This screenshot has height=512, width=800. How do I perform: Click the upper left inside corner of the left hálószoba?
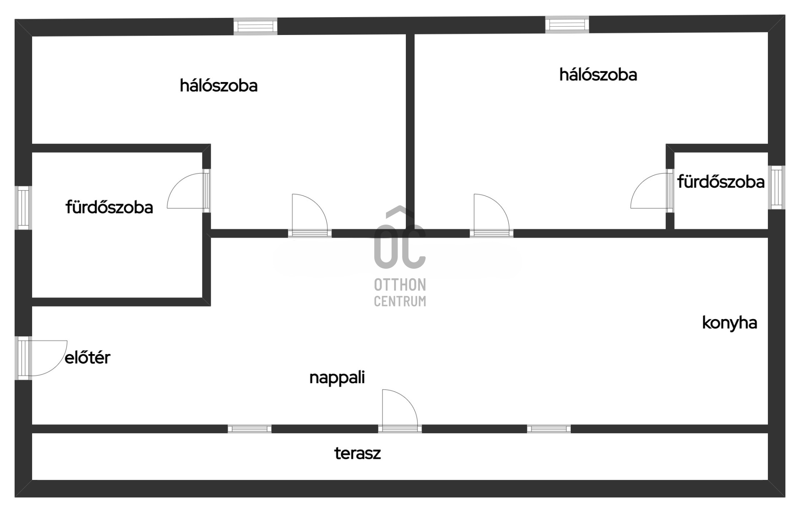click(x=32, y=37)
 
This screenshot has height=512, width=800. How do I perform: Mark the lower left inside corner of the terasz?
click(x=32, y=480)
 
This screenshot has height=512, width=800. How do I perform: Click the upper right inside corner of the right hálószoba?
click(x=768, y=33)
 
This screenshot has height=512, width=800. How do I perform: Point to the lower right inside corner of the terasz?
click(x=768, y=480)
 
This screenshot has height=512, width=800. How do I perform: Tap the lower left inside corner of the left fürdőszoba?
click(x=32, y=297)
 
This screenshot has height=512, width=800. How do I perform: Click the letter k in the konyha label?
click(x=706, y=323)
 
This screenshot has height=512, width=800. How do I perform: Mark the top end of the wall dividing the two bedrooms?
click(x=410, y=34)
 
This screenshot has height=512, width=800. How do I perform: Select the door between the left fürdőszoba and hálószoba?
click(x=188, y=191)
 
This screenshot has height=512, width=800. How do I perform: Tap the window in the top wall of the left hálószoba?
click(x=255, y=26)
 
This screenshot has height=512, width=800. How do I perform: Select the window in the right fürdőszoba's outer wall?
click(x=777, y=187)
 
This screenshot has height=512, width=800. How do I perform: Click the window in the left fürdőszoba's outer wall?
click(x=23, y=207)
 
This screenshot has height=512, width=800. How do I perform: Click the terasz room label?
click(x=357, y=453)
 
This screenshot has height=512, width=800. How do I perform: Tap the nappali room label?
click(x=337, y=378)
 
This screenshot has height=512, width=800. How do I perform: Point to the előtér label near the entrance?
click(x=87, y=357)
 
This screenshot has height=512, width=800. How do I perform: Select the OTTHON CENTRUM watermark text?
click(x=400, y=293)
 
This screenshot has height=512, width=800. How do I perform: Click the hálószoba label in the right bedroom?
click(x=598, y=75)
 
